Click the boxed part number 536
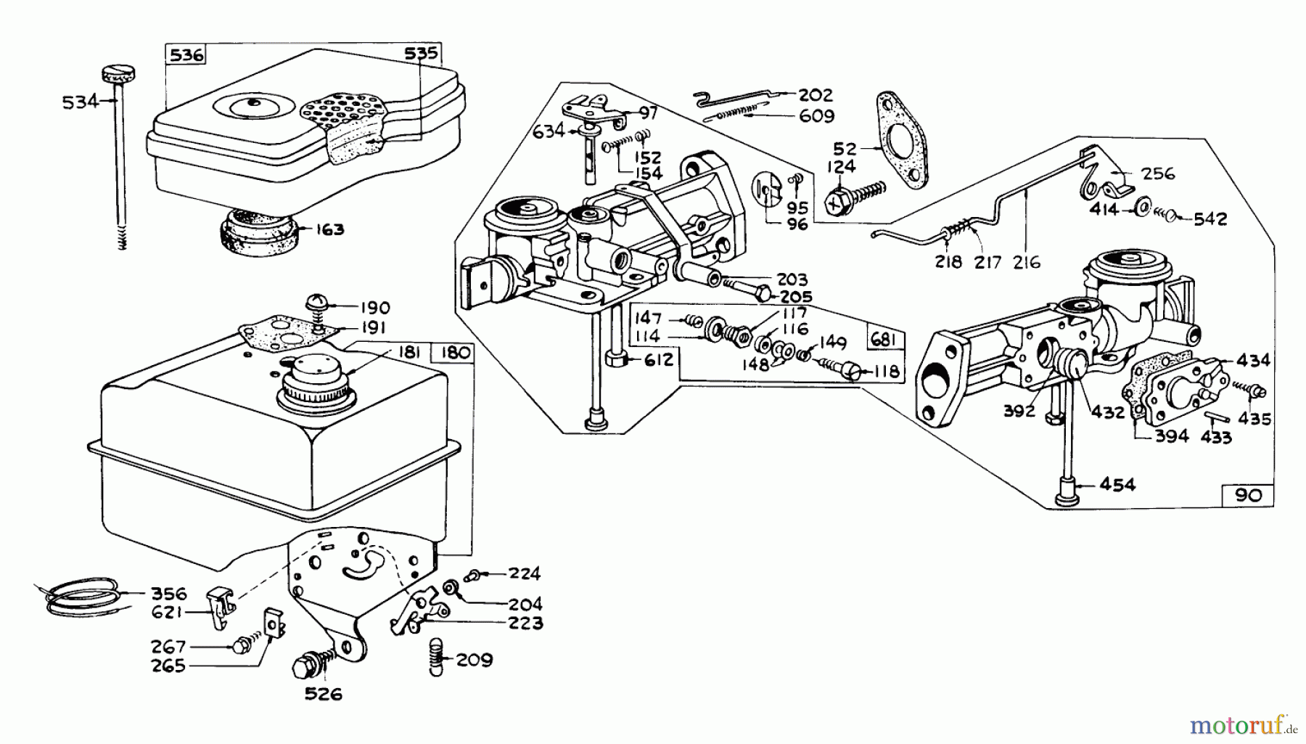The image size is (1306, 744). click(x=186, y=55)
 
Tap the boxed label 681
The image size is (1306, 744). click(x=884, y=340)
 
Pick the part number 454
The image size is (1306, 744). click(x=1117, y=484)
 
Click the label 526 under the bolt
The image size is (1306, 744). click(x=323, y=694)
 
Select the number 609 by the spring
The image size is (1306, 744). click(x=816, y=115)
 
